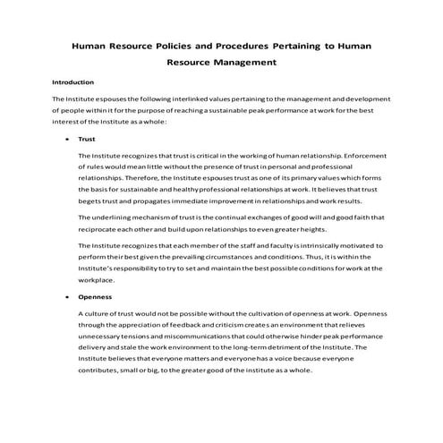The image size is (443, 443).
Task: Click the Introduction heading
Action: coord(73,82)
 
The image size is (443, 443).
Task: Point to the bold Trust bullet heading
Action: coord(87,140)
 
